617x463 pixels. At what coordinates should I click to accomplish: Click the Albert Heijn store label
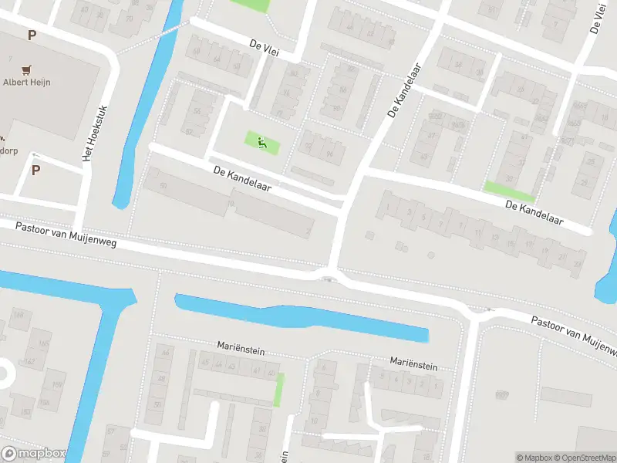(26, 82)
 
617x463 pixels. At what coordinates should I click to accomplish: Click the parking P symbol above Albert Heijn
(32, 35)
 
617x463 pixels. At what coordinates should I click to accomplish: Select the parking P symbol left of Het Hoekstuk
(35, 170)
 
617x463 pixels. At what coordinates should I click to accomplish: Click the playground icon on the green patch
(261, 141)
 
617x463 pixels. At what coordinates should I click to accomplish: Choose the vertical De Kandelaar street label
(404, 91)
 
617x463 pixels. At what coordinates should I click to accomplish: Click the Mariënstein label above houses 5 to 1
(413, 363)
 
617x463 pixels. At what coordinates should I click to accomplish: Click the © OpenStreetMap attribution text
(586, 458)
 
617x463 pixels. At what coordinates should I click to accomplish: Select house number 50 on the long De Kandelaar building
(163, 186)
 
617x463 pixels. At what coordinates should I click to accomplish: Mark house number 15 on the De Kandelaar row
(508, 244)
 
